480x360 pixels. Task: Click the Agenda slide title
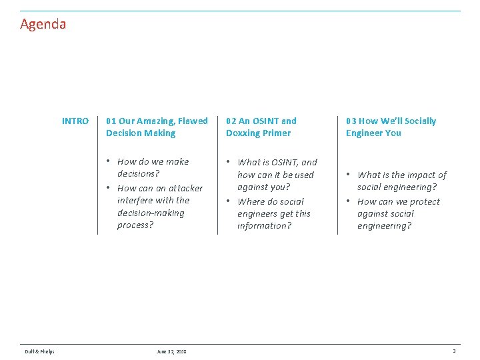43,25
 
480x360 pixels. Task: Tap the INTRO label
75,121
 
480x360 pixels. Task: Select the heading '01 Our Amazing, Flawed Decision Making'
157,127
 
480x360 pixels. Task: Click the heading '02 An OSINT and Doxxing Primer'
261,127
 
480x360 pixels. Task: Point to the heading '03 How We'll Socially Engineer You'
391,127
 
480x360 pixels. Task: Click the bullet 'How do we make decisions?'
153,167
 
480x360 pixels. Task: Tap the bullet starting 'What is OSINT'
277,175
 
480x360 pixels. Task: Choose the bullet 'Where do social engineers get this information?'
273,213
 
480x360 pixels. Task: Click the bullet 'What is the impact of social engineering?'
401,181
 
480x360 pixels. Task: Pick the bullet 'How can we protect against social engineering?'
398,213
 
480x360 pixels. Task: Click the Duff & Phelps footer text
40,351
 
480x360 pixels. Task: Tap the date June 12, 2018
171,351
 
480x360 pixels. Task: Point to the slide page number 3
454,351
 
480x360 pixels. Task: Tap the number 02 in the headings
231,121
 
